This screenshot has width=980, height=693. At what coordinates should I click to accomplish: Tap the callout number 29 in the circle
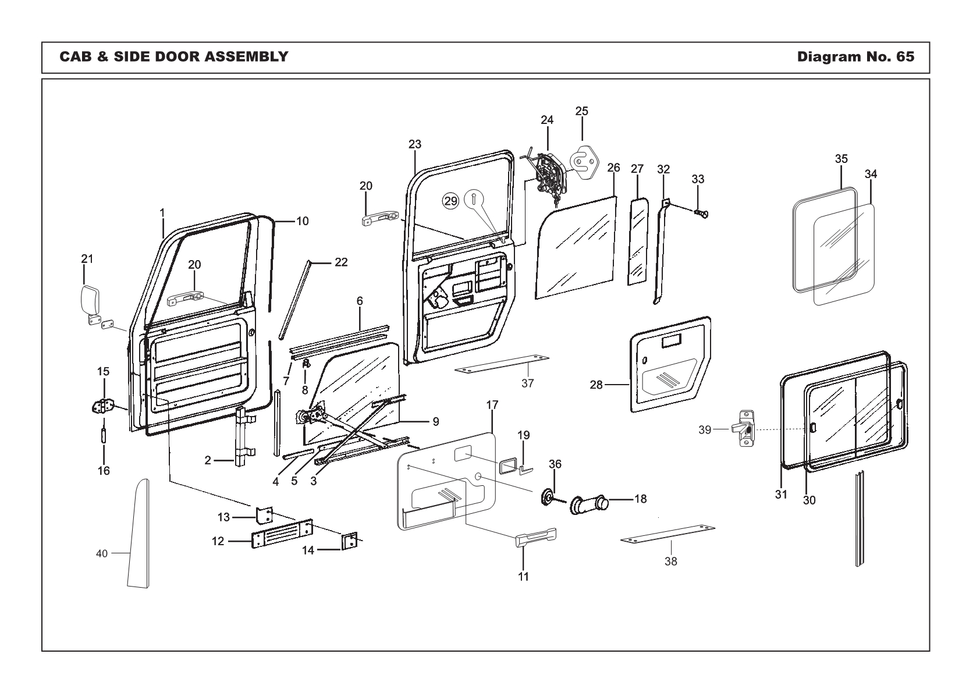pyautogui.click(x=450, y=201)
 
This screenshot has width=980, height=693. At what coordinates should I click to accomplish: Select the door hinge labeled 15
pyautogui.click(x=103, y=406)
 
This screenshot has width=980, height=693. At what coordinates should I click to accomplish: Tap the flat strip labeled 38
pyautogui.click(x=668, y=534)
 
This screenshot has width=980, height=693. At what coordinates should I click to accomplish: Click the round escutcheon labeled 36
pyautogui.click(x=548, y=497)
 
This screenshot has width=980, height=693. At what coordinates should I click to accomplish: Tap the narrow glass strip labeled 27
pyautogui.click(x=638, y=240)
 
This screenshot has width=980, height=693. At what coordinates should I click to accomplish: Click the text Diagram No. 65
pyautogui.click(x=855, y=56)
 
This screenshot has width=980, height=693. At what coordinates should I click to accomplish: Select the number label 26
pyautogui.click(x=613, y=168)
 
